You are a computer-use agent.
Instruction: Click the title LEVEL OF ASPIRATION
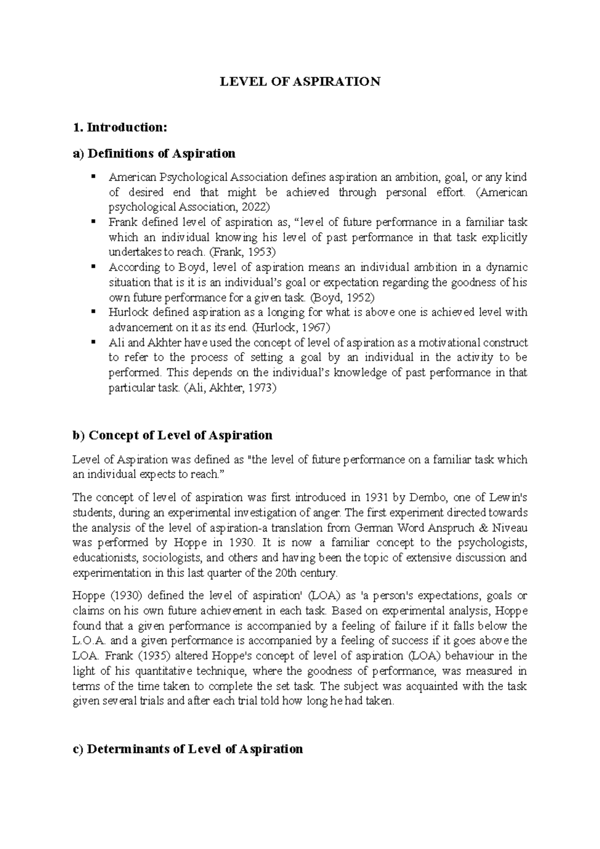(300, 81)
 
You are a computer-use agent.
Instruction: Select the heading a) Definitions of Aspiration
(154, 153)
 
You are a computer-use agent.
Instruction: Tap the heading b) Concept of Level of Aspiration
(172, 435)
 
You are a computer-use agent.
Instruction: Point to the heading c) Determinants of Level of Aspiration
(187, 748)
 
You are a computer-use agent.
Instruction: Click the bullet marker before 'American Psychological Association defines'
(93, 177)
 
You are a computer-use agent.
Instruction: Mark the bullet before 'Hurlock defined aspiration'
(93, 312)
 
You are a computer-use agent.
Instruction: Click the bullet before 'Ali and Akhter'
(93, 342)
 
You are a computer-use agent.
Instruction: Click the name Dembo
(422, 497)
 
